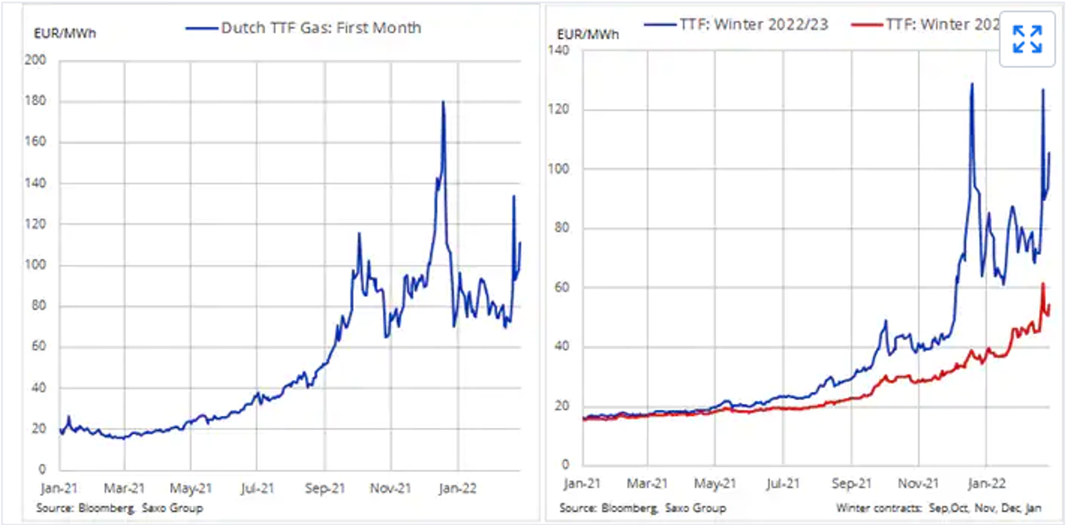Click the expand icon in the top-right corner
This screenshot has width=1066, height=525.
coord(1027,39)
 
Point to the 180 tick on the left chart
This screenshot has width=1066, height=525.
coord(35,101)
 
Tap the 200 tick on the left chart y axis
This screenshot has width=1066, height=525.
coord(35,60)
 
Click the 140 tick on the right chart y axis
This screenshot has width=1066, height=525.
coord(558,50)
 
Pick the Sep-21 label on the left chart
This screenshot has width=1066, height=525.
coord(325,488)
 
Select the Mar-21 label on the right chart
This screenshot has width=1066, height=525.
coord(647,483)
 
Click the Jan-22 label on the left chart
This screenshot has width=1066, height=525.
coord(457,488)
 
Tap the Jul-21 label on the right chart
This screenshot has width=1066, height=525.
coord(783,483)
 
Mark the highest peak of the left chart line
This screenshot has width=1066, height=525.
coord(443,102)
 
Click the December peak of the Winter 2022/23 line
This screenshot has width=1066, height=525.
coord(972,84)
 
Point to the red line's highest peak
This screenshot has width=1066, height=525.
coord(1043,284)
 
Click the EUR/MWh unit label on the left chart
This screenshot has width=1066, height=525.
coord(65,33)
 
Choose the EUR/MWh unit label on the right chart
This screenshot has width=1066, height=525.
coord(588,34)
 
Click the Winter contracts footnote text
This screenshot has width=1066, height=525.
coord(938,508)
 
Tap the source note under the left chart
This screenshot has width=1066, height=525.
coord(119,508)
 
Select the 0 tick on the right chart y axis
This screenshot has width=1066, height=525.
coord(565,464)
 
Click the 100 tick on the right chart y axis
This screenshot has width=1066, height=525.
coord(558,168)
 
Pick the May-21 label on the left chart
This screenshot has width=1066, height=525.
coord(190,488)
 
